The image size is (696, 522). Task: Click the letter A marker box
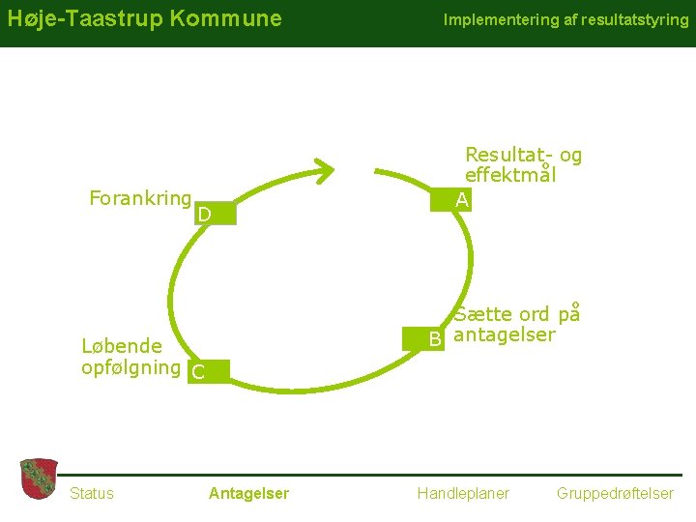coord(464,200)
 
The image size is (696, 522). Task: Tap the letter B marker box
coord(436,338)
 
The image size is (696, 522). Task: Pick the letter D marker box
coord(203,213)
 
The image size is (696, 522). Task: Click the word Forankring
coord(139,198)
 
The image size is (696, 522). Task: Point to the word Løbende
coord(122,346)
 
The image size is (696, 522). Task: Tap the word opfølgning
coord(131,367)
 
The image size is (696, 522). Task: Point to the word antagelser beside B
coord(505,335)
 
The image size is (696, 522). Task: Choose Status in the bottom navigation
coord(92,493)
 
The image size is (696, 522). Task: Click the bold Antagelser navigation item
coord(248,493)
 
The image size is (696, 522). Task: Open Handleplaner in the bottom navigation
coord(463,493)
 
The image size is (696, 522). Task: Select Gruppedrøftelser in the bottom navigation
coord(615,493)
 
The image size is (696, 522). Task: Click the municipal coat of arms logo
coord(39,479)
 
